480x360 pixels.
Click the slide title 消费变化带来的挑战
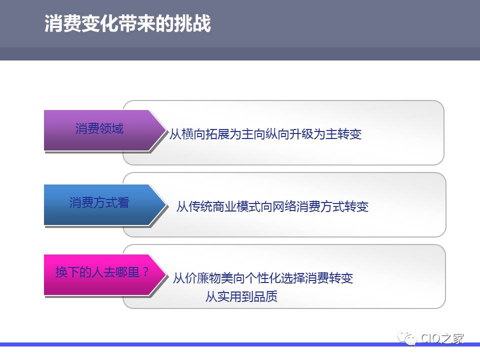[x=127, y=23]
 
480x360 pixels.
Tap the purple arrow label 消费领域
[x=99, y=128]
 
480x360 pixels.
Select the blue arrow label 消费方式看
[x=99, y=202]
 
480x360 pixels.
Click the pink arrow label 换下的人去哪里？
[x=102, y=272]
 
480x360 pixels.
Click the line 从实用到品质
[x=241, y=296]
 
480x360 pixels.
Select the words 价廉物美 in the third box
[x=208, y=278]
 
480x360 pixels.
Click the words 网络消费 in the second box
[x=296, y=206]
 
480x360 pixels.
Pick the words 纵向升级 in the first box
[x=289, y=134]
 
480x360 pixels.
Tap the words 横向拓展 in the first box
[x=205, y=134]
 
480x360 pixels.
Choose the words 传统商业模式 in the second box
[x=224, y=206]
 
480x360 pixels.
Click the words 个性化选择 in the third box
[x=274, y=278]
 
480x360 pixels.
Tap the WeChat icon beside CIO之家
[x=407, y=338]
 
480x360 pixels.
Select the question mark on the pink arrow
[x=145, y=271]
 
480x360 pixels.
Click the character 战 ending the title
[x=201, y=23]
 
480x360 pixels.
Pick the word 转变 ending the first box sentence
[x=349, y=134]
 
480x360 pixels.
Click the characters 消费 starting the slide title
[x=63, y=23]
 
